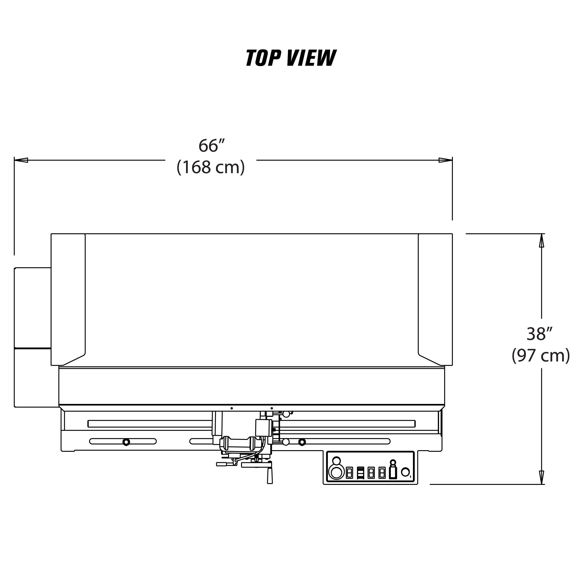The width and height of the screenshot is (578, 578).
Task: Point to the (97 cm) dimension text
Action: pyautogui.click(x=541, y=355)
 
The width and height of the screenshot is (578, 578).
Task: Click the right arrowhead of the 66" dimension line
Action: pyautogui.click(x=445, y=160)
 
